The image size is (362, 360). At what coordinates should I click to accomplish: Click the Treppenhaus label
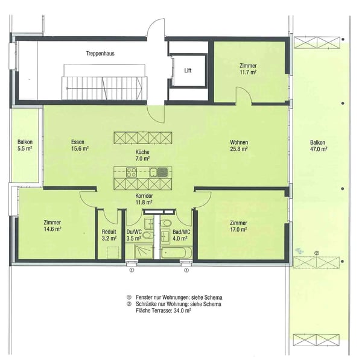click(x=100, y=53)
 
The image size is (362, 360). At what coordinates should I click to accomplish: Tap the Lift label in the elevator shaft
click(x=188, y=71)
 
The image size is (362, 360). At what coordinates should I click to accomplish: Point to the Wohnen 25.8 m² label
click(x=239, y=145)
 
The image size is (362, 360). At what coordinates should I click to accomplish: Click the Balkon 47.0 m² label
click(x=318, y=145)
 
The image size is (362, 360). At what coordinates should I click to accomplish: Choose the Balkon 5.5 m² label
click(x=25, y=145)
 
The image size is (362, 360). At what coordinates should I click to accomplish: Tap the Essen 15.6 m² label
click(x=80, y=145)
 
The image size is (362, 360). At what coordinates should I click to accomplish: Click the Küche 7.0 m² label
click(x=142, y=155)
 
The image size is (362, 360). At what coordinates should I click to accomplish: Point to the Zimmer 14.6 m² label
click(x=52, y=225)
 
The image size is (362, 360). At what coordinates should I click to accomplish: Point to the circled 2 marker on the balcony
click(x=317, y=252)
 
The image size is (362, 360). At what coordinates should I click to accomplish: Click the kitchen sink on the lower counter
click(x=153, y=172)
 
